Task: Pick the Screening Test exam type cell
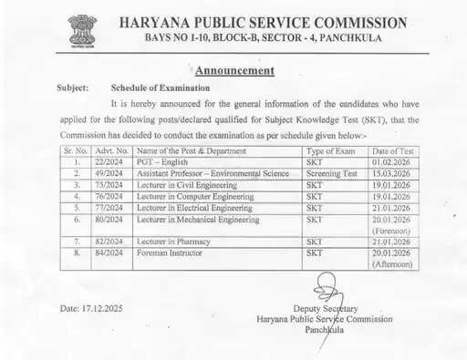pos(333,173)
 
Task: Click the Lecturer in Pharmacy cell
pos(179,242)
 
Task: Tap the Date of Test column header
pos(393,150)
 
